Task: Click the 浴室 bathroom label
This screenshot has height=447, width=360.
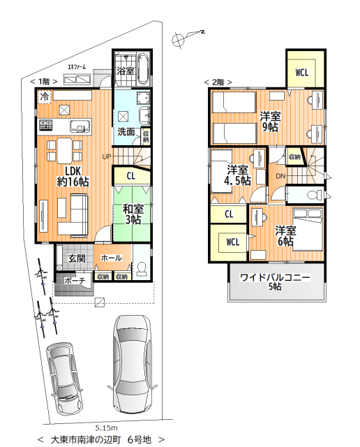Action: [126, 71]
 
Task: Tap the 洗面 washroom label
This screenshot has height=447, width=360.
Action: [126, 132]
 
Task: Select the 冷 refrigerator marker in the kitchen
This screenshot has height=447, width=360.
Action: [45, 96]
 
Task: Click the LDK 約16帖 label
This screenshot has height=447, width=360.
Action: [73, 177]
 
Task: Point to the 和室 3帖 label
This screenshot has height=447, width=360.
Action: [133, 214]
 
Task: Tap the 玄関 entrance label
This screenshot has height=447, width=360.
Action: [77, 258]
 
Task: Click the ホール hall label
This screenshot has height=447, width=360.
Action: [112, 258]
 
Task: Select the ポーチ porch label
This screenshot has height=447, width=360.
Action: [75, 281]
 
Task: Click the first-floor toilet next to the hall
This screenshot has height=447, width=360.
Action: [141, 270]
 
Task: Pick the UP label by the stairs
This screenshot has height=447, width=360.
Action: [107, 156]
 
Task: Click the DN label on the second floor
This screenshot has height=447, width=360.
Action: [280, 176]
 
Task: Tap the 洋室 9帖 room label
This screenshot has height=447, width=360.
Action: [270, 122]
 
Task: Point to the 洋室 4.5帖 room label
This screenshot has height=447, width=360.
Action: [237, 175]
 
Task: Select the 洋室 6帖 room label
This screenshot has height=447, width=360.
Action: [285, 236]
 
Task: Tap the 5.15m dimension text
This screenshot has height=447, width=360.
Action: [106, 428]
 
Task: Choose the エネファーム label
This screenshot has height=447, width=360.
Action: [77, 67]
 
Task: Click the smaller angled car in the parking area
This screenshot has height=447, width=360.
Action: [65, 377]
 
